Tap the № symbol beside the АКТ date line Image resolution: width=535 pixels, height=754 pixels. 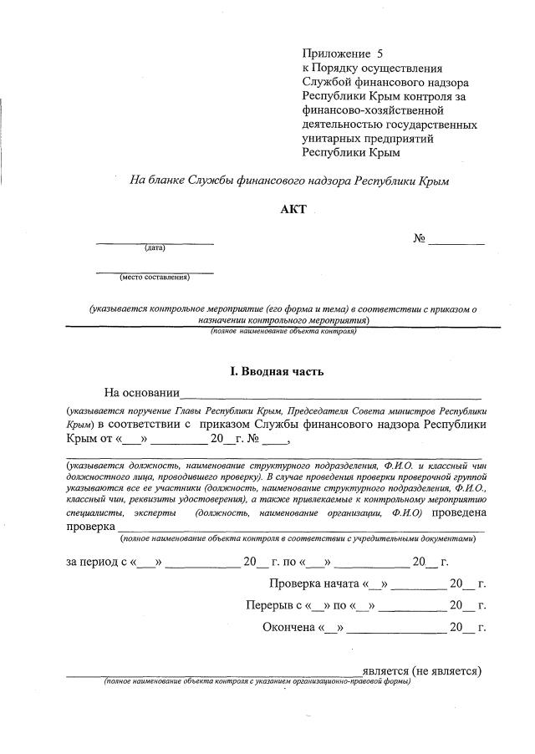tap(420, 239)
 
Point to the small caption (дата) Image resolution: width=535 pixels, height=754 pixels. tap(155, 247)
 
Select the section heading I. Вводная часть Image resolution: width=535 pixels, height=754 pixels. tap(277, 371)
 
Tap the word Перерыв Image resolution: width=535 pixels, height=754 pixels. tap(268, 605)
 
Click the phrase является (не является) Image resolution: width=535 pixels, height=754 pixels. tap(422, 670)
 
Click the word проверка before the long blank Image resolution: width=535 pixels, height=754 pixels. tap(91, 527)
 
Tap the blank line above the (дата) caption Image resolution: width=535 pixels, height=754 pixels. tap(155, 242)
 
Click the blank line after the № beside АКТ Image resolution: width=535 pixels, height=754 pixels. tap(457, 243)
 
